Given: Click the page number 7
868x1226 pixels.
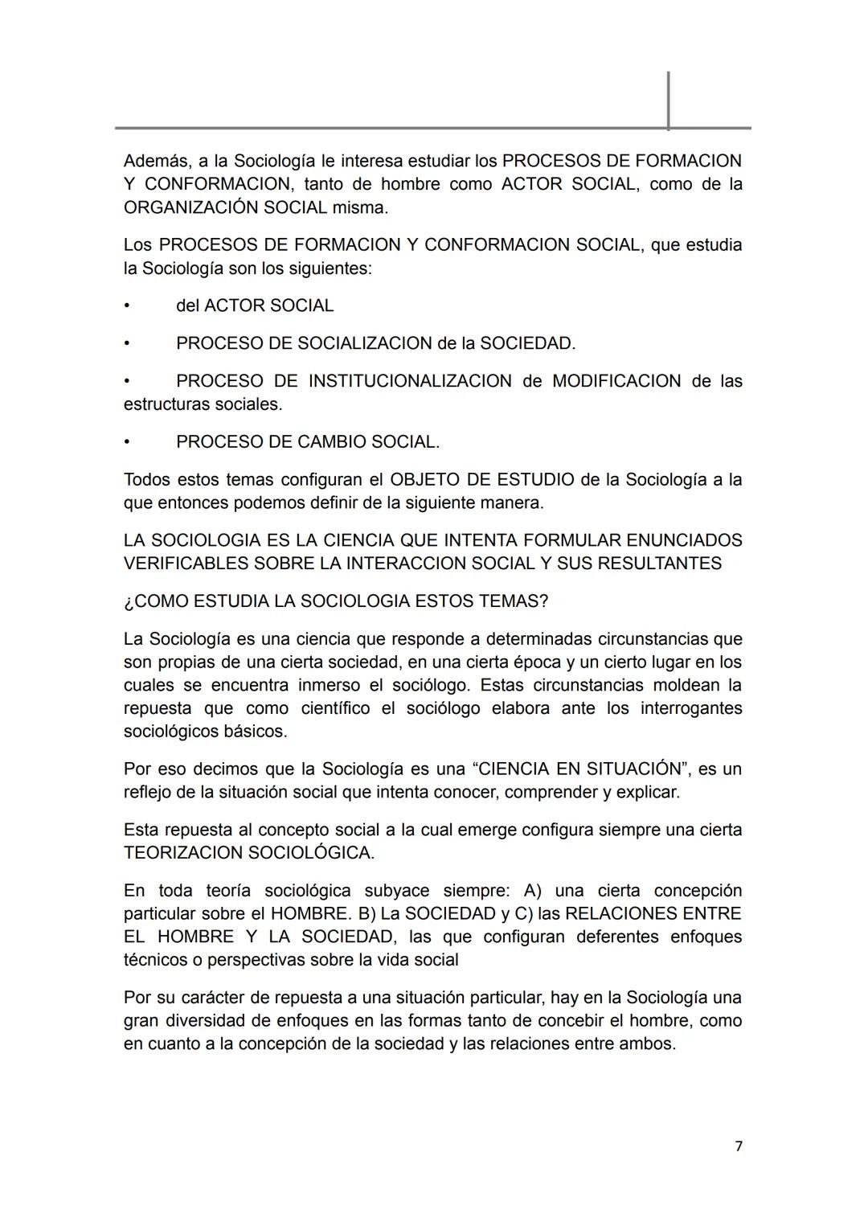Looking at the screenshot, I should pos(739,1146).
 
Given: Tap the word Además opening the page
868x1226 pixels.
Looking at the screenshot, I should pos(156,161).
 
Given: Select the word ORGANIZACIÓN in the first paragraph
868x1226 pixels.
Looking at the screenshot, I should pos(182,207).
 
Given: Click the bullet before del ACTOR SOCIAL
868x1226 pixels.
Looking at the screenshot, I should pos(126,306).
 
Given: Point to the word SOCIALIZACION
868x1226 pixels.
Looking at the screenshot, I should pos(364,343).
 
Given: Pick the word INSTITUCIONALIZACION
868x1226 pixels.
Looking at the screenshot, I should pos(409,381).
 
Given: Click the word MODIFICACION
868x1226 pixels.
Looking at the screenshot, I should pos(616,381).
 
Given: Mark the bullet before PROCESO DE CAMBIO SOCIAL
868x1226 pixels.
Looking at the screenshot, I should pos(126,442).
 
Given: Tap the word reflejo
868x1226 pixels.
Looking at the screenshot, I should pos(149,792).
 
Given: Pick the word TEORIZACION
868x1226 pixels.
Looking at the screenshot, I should pos(182,852).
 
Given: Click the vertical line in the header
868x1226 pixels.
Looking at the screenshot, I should pos(668,100).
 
